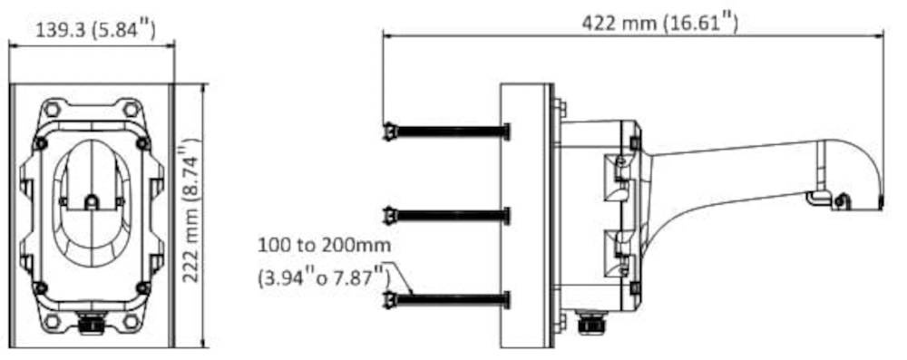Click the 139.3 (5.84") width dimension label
95,29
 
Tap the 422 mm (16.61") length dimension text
659,24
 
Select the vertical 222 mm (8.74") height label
190,210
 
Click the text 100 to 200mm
324,246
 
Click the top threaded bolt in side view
446,132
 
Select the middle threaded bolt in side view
446,216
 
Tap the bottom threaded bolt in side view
446,300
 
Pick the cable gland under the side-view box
590,321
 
